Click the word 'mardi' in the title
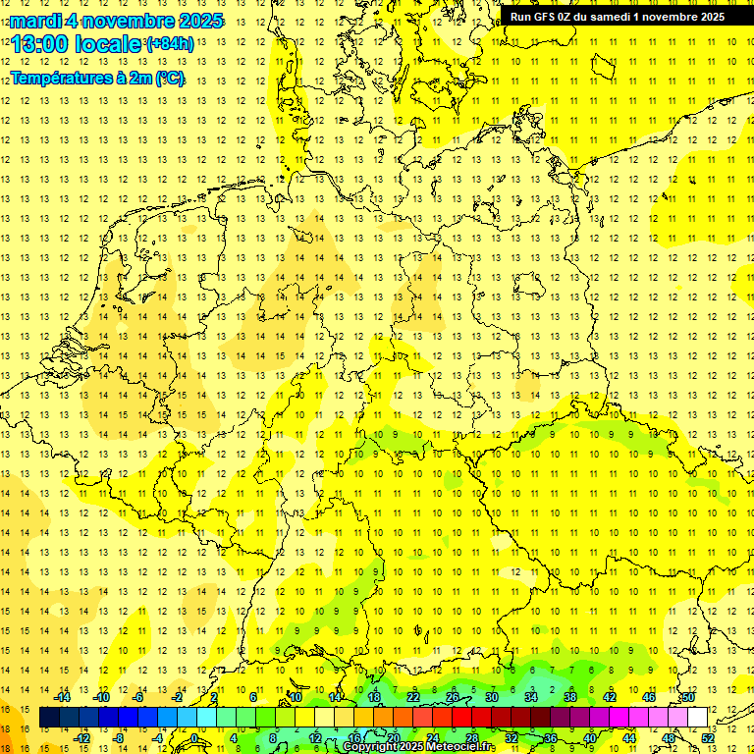[37, 21]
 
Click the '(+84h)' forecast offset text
[170, 44]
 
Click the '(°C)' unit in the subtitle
[168, 78]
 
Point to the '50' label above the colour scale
[689, 697]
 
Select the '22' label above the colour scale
[413, 697]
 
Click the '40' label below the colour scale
[590, 738]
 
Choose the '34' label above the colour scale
[531, 697]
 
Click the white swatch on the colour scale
[698, 718]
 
